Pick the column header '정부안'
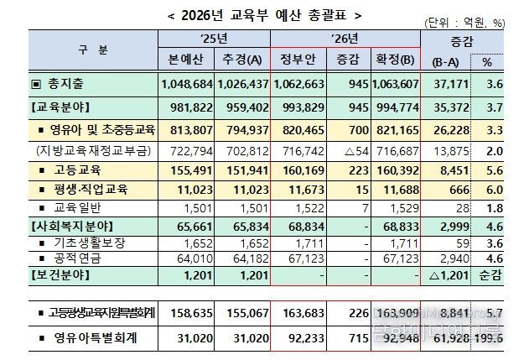(x=298, y=59)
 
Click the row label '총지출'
(x=66, y=85)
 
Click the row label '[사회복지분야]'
(x=71, y=227)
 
